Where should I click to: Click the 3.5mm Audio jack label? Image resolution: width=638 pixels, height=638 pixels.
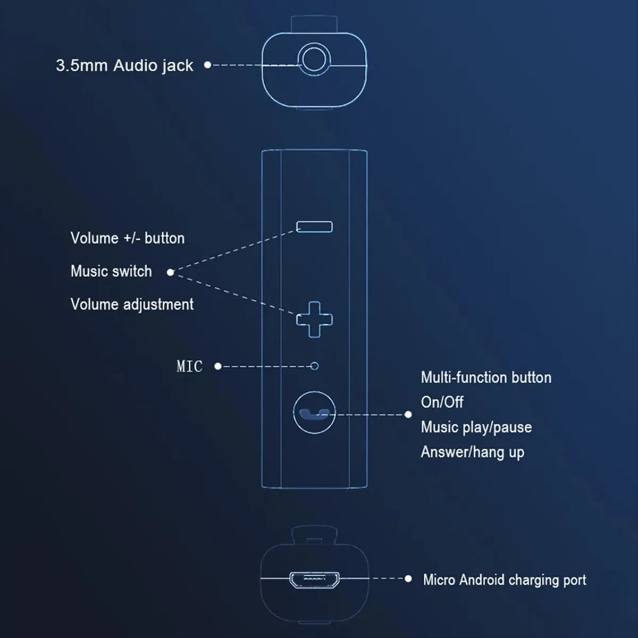(x=124, y=65)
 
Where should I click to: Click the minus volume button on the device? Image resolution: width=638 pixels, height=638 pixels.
(x=314, y=227)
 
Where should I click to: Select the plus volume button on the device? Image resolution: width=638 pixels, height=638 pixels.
(x=314, y=319)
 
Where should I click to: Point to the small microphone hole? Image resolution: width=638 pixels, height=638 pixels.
(x=315, y=366)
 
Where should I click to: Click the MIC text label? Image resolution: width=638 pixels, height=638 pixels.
(x=189, y=366)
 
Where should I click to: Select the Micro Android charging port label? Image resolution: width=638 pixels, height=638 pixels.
(x=504, y=580)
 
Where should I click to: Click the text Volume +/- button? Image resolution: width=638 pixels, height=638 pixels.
(x=128, y=238)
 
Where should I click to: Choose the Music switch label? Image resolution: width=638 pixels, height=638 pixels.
(x=111, y=271)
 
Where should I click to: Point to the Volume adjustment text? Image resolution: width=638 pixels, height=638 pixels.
(x=132, y=304)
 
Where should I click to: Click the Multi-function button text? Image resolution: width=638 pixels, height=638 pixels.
(x=486, y=377)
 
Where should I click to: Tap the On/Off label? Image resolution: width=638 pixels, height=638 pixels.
(x=442, y=402)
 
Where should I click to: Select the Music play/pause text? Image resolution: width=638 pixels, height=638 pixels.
(x=476, y=427)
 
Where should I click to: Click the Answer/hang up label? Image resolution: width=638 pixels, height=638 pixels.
(x=472, y=452)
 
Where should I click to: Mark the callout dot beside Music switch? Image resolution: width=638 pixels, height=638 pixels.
(x=170, y=272)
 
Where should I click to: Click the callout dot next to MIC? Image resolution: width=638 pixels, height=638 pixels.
(x=217, y=366)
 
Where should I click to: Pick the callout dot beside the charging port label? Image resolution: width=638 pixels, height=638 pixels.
(x=408, y=578)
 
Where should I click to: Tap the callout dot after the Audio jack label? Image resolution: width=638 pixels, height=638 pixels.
(x=207, y=65)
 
